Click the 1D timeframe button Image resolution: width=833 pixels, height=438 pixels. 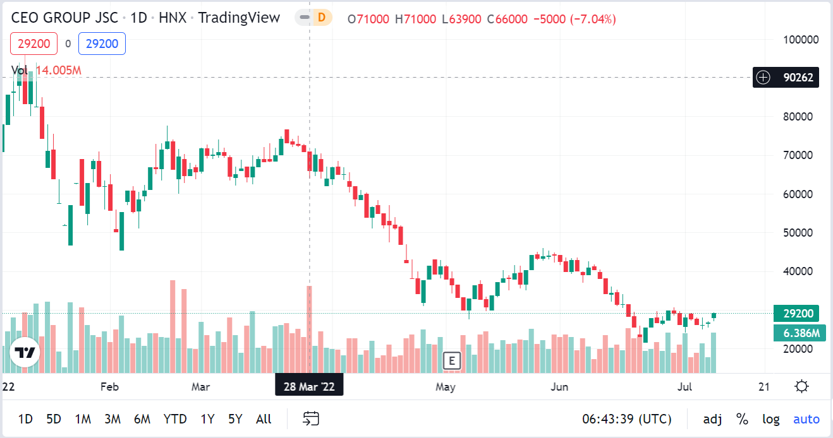tap(25, 419)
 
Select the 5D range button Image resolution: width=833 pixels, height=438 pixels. tap(54, 419)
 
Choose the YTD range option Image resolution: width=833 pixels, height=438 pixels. tap(174, 419)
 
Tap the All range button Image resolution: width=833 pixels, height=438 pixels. tap(264, 419)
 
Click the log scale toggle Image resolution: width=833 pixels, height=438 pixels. tap(770, 419)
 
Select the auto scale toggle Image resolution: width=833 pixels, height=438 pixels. tap(806, 419)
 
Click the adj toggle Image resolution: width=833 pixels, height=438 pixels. tap(713, 419)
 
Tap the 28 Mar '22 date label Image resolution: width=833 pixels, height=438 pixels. tap(309, 386)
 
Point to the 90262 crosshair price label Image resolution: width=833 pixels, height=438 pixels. tap(798, 78)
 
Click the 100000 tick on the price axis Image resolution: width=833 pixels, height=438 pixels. tap(801, 39)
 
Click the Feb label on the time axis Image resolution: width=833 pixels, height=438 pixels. tap(110, 386)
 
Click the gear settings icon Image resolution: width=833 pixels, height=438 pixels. tap(802, 386)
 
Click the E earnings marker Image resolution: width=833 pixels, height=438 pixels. tap(451, 360)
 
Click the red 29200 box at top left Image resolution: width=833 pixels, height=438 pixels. tap(33, 44)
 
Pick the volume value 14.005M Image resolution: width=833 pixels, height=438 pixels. tap(58, 70)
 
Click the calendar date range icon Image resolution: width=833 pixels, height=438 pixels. tap(310, 418)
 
